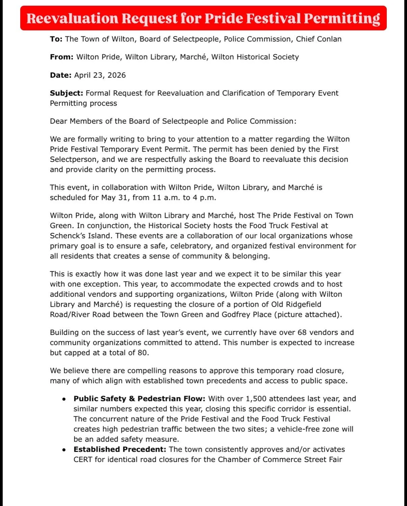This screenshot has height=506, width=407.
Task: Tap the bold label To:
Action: (56, 39)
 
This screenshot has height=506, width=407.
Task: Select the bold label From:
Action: (61, 57)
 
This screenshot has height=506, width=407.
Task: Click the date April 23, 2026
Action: (100, 75)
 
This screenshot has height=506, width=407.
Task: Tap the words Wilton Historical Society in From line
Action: (255, 57)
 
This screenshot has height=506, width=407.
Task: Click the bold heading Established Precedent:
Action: (120, 449)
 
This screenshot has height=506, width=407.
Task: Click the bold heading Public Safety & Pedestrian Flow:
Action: (140, 399)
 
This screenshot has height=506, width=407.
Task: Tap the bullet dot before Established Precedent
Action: (64, 450)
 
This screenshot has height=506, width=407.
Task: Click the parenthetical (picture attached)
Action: (308, 314)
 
